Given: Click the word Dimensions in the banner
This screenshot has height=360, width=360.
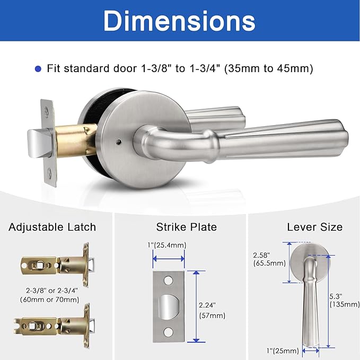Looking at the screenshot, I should click(179, 21).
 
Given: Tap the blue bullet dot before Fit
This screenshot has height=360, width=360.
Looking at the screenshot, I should click(38, 68).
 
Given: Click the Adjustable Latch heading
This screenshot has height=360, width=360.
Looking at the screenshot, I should click(52, 227).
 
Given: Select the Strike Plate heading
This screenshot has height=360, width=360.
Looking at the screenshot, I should click(186, 227).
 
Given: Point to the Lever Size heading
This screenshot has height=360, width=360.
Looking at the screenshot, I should click(315, 227).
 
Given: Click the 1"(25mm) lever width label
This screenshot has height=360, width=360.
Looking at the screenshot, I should click(283, 350).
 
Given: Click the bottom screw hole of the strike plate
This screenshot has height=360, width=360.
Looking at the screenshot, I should click(169, 332).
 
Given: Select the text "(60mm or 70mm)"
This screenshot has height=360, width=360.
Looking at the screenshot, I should click(52, 300).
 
